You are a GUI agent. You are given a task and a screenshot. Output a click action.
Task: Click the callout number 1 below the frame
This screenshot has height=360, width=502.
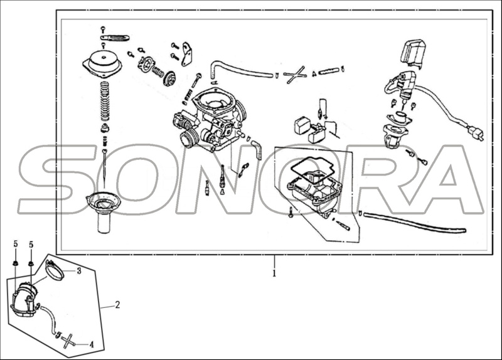coord(274,273)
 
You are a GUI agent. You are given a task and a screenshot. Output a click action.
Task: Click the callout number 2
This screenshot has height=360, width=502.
coord(117,305)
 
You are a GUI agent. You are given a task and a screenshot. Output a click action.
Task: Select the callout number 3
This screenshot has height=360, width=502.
coord(79,271)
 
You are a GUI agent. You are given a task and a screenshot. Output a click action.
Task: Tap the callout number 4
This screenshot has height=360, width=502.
coord(92,345)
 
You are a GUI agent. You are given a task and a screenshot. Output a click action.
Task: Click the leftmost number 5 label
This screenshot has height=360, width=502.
coord(15,245)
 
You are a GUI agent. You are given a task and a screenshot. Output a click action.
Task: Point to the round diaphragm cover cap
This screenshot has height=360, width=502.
coord(102,62)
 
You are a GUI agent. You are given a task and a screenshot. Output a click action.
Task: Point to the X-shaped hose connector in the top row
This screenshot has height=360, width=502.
coord(294,75)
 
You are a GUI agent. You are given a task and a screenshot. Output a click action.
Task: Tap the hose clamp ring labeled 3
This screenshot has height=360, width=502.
coord(55,270)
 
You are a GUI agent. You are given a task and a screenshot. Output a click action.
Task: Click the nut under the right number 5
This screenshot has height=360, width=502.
coord(31,264)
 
